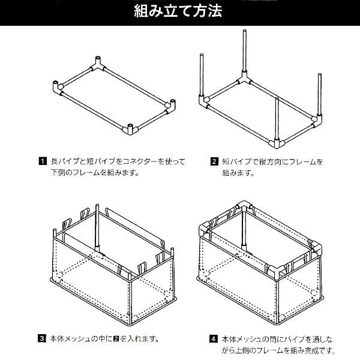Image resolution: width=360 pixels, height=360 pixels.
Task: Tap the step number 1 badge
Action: click(43, 161)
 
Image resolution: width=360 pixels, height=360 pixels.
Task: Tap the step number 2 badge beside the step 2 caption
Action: click(214, 161)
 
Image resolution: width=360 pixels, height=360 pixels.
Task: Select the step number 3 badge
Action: click(43, 338)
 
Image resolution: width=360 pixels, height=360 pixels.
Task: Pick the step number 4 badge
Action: click(214, 338)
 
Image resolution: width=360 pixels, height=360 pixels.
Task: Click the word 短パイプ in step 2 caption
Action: click(234, 161)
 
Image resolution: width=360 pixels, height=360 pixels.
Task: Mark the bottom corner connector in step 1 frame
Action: click(130, 128)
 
